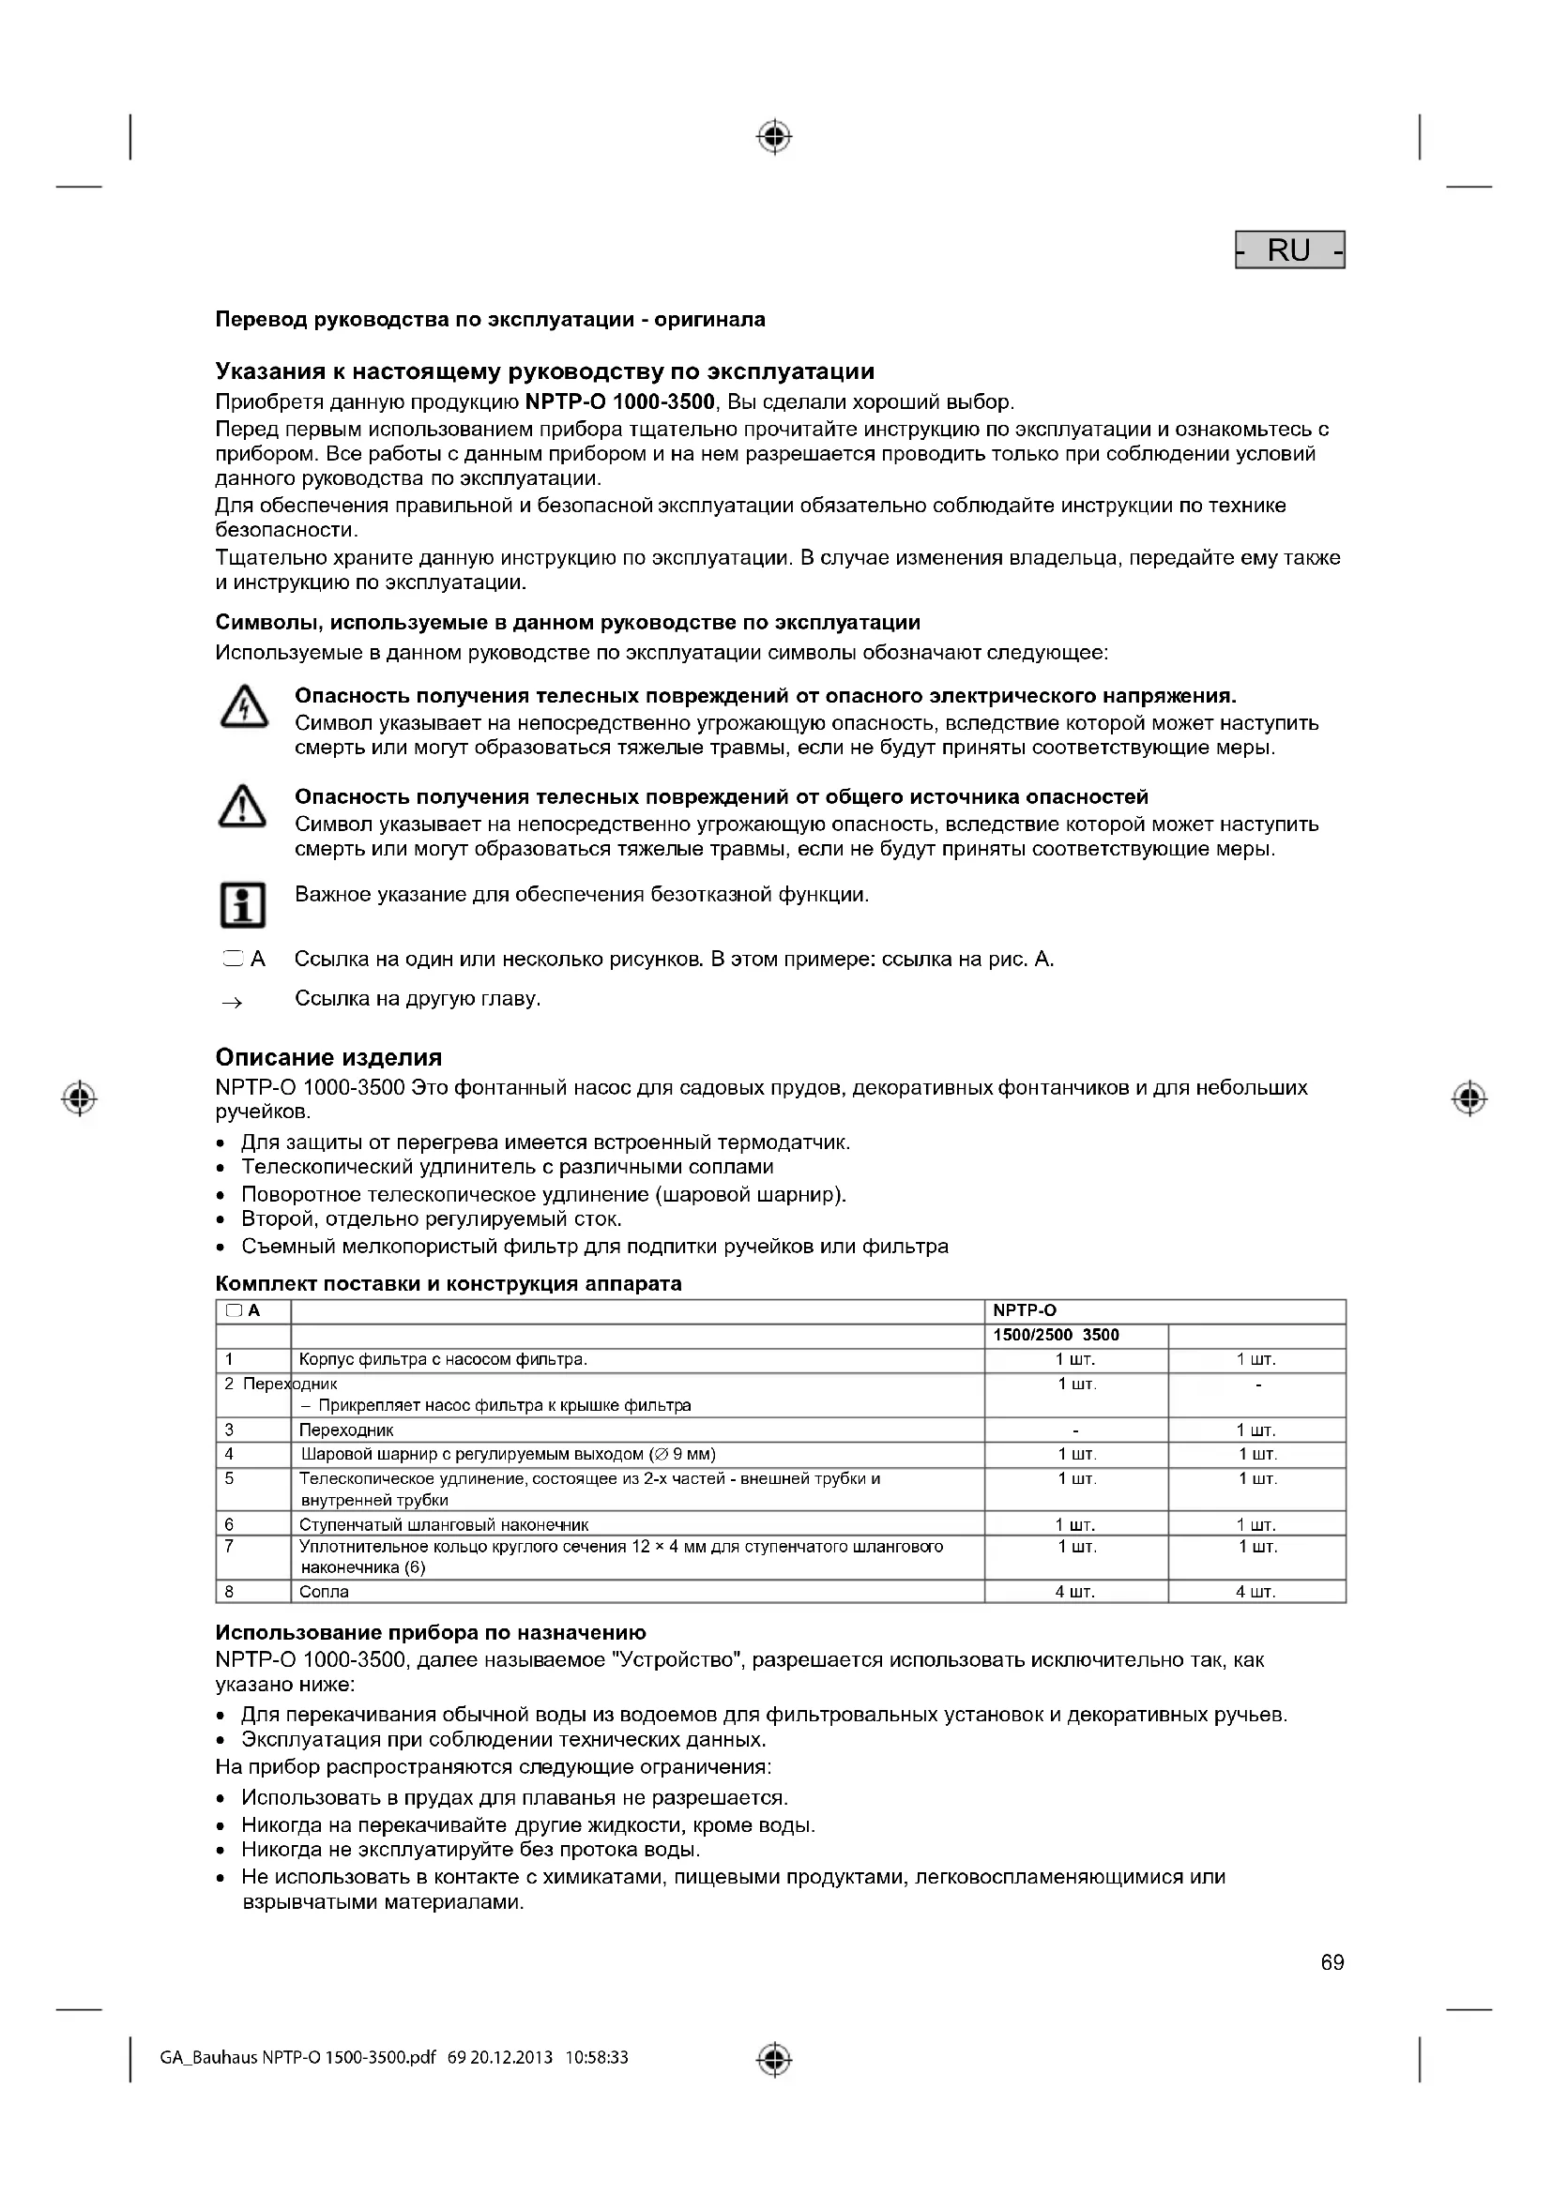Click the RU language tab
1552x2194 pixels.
pos(1289,250)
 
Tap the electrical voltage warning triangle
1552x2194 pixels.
pos(244,708)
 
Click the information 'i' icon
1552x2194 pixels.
pos(243,904)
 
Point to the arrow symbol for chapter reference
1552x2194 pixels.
pos(232,1003)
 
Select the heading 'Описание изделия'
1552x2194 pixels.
pos(328,1057)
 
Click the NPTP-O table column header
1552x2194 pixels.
pos(1025,1311)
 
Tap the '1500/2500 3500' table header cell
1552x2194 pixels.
pos(1056,1335)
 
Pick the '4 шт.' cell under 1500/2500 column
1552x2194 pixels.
pos(1075,1592)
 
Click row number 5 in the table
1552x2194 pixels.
pos(229,1478)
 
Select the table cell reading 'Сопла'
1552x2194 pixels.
pos(324,1592)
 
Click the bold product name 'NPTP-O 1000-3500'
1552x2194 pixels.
pos(620,401)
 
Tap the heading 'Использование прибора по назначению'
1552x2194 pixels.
pos(431,1632)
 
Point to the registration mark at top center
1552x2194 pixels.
pos(774,138)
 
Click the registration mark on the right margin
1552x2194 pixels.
pos(1468,1099)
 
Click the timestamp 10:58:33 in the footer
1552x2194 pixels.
pos(598,2057)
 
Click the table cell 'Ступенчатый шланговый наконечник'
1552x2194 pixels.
pos(444,1524)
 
